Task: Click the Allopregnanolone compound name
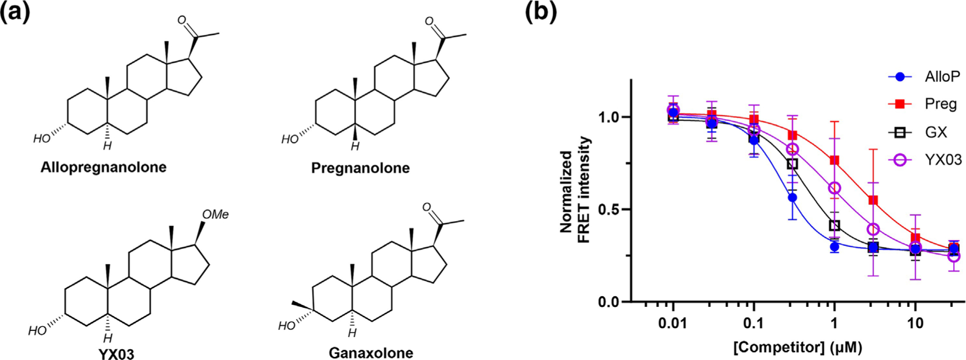point(104,167)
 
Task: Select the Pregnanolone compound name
point(360,168)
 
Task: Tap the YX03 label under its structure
point(116,354)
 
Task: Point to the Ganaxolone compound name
point(371,353)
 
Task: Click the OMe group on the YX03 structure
point(215,215)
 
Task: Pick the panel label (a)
point(15,12)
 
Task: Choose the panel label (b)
point(540,12)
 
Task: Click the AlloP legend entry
point(942,77)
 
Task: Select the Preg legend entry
point(940,104)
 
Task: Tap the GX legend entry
point(936,132)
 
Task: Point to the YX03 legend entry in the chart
point(943,159)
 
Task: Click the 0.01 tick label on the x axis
point(672,323)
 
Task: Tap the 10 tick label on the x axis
point(915,323)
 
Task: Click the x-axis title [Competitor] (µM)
point(797,347)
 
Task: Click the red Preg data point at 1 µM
point(835,160)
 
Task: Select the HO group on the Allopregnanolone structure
point(41,139)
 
